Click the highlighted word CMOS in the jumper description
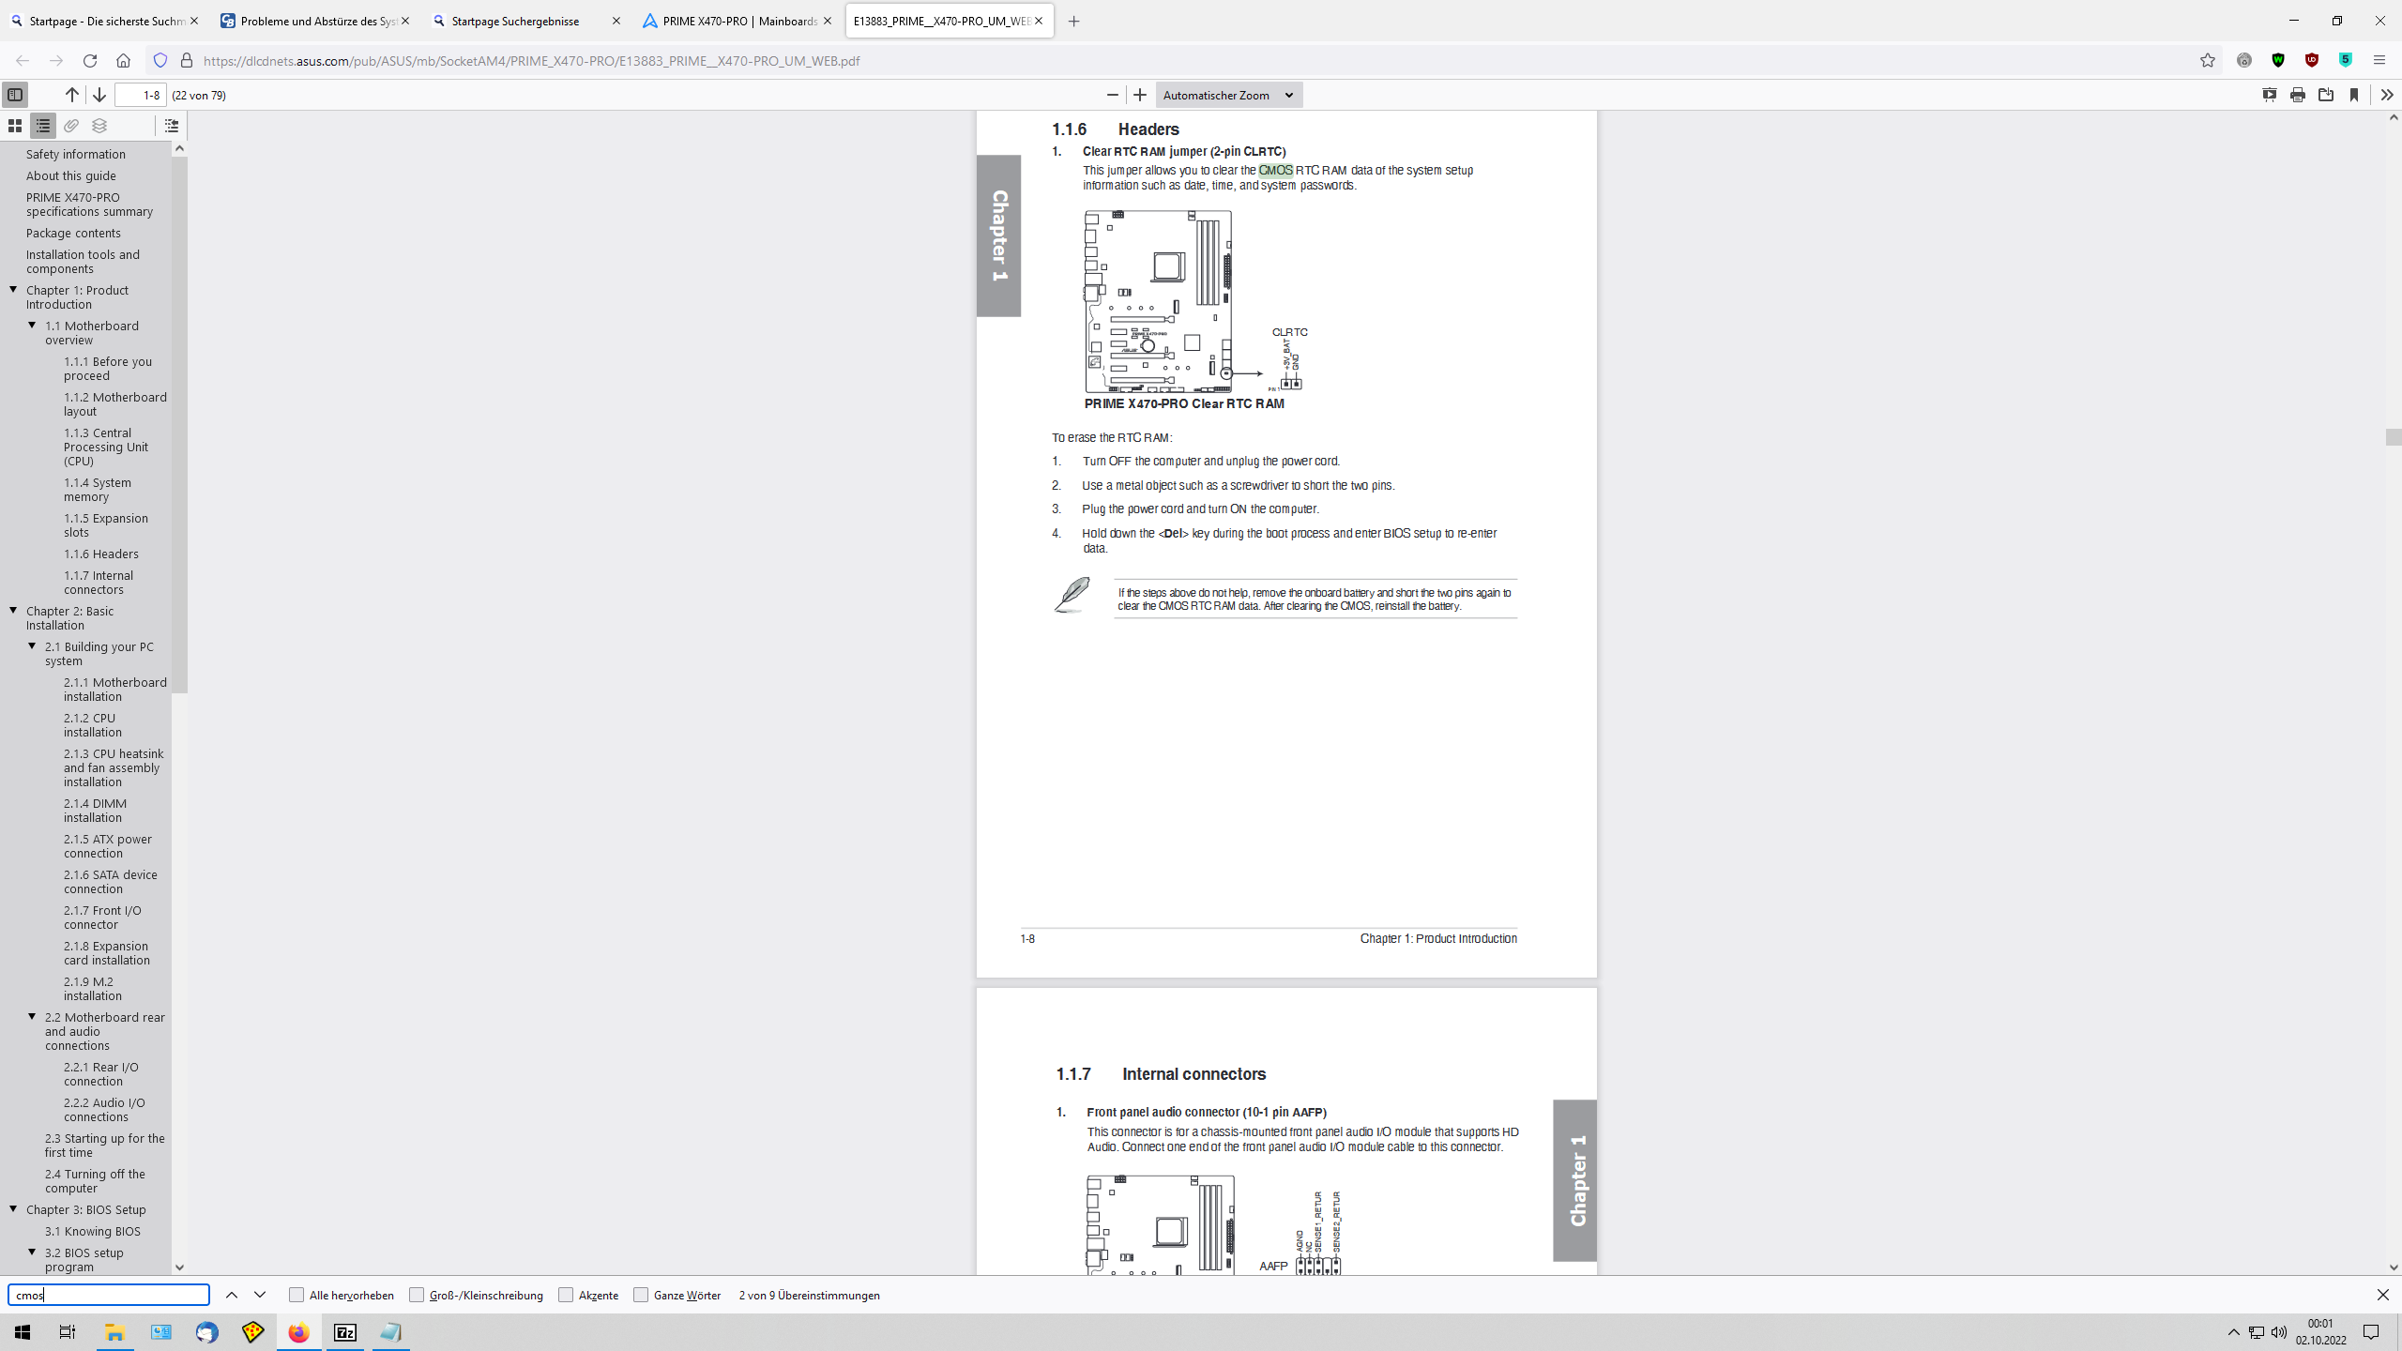tap(1275, 171)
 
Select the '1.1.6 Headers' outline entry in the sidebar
tap(101, 554)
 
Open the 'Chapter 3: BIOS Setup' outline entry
tap(86, 1210)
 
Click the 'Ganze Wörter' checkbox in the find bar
tap(642, 1296)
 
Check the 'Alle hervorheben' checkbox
tap(297, 1296)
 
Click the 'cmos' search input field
tap(109, 1296)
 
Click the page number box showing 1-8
tap(141, 95)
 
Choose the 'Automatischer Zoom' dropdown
tap(1227, 95)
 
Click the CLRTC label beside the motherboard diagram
tap(1289, 332)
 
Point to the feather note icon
tap(1072, 595)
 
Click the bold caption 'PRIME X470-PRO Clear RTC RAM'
tap(1184, 404)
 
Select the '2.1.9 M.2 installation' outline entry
tap(92, 989)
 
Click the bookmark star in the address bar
tap(2208, 61)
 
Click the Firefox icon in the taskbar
tap(298, 1332)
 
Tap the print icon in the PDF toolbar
tap(2298, 95)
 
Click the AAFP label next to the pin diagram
tap(1273, 1267)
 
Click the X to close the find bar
tap(2382, 1296)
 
